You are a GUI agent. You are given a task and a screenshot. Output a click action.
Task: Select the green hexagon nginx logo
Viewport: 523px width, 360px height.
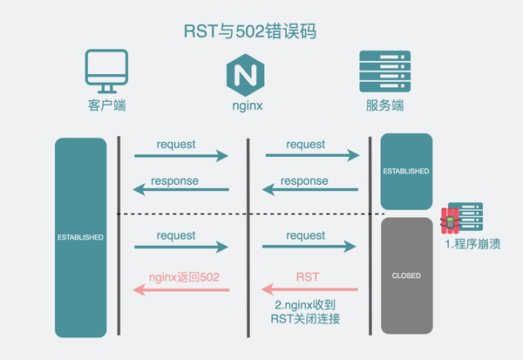point(248,74)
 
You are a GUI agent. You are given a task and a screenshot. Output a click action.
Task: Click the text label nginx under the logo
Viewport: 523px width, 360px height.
point(248,108)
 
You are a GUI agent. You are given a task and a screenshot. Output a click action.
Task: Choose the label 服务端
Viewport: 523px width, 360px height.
point(384,108)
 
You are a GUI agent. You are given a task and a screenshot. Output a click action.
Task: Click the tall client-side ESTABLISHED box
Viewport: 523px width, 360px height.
point(80,236)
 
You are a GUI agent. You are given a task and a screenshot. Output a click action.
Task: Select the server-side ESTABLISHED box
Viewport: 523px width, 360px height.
point(406,171)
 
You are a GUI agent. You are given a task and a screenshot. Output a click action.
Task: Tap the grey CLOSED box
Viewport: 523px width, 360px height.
point(406,275)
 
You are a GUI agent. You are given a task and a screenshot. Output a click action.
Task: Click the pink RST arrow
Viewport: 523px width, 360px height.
point(311,289)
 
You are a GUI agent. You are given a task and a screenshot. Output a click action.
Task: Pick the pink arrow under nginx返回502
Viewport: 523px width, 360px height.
point(181,289)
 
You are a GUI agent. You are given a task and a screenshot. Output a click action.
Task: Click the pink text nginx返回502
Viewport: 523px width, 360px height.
point(184,275)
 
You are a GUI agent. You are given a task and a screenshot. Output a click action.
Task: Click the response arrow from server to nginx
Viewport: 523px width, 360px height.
point(311,190)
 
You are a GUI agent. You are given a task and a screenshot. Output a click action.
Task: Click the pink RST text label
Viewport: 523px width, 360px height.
point(306,275)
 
